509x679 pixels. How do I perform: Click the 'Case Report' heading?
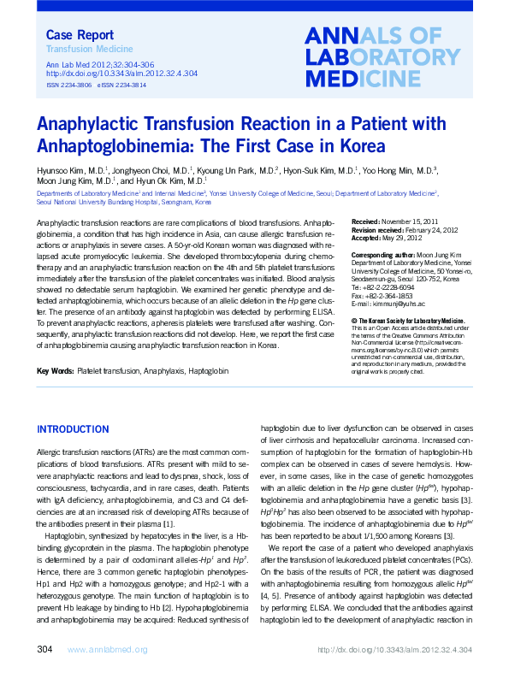pyautogui.click(x=79, y=35)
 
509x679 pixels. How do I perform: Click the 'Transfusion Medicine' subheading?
pyautogui.click(x=82, y=50)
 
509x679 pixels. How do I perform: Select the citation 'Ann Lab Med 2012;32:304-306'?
pyautogui.click(x=99, y=64)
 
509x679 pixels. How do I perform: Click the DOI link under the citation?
pyautogui.click(x=121, y=74)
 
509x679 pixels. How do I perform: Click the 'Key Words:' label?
pyautogui.click(x=55, y=394)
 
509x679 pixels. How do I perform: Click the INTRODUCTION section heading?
pyautogui.click(x=73, y=428)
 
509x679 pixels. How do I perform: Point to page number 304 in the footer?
pyautogui.click(x=46, y=651)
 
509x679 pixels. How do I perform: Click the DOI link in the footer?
pyautogui.click(x=394, y=652)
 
